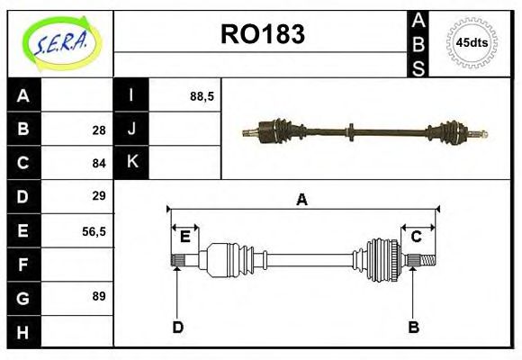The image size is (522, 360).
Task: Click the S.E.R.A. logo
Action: pos(59,42)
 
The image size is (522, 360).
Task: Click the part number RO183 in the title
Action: pos(262,34)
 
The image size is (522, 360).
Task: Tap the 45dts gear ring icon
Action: pos(471,42)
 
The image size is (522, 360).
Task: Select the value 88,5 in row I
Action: pos(202,95)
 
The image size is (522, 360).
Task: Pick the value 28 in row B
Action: pos(98,130)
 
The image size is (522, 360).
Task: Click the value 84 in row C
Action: pos(98,163)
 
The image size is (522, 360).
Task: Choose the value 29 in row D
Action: pos(98,196)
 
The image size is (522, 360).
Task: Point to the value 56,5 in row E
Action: pos(94,230)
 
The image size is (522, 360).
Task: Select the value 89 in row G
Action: pos(98,296)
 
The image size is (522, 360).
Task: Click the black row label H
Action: pos(23,331)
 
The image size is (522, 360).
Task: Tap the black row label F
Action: pos(23,264)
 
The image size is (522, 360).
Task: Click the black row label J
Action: pos(131,130)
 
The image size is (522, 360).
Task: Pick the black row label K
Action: pos(131,163)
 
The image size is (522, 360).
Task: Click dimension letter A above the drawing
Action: pos(302,200)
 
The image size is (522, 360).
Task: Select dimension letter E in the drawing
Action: pos(184,237)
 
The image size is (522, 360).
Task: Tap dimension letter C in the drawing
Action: pos(417,237)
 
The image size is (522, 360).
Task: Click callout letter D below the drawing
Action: pos(177,327)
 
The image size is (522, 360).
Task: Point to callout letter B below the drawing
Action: pos(413,327)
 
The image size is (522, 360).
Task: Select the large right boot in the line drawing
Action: pos(382,260)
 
